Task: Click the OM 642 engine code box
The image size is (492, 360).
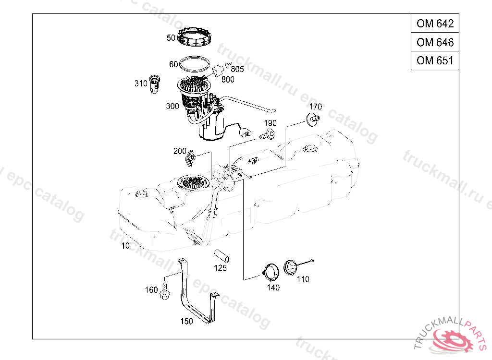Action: click(x=435, y=23)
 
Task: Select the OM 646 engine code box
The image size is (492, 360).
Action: click(x=435, y=42)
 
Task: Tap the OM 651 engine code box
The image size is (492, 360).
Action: click(x=435, y=60)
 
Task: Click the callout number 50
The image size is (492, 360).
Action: click(x=171, y=37)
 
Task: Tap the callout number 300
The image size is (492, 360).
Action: click(x=172, y=106)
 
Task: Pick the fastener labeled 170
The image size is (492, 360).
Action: click(x=314, y=118)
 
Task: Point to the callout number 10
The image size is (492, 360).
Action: click(x=125, y=246)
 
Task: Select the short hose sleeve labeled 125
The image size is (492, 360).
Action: click(x=221, y=255)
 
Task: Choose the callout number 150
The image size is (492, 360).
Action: click(x=186, y=321)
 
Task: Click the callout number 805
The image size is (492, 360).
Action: click(x=237, y=69)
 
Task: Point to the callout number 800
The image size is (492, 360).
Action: click(x=228, y=79)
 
